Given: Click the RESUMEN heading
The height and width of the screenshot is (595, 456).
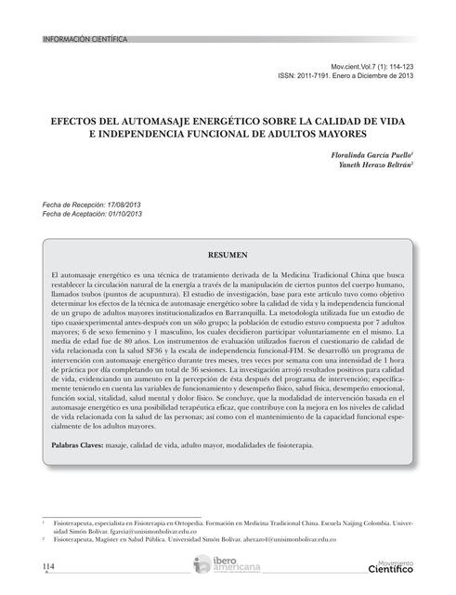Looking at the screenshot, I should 228,254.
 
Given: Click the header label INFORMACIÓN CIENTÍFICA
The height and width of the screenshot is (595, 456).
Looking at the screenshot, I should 84,39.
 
